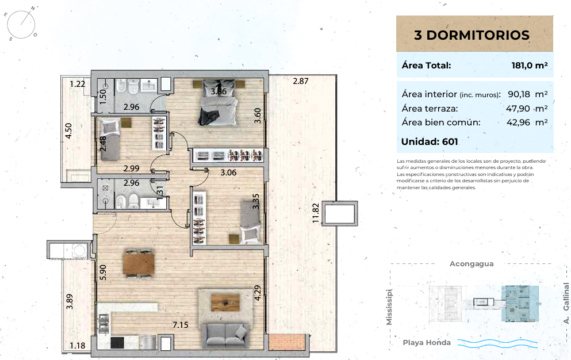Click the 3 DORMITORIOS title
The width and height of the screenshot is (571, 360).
point(472,35)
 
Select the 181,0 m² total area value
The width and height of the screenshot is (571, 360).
point(530,65)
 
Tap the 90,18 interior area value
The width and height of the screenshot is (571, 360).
point(519,94)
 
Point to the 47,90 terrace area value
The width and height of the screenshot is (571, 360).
point(518,108)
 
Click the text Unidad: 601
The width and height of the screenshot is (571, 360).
point(430,141)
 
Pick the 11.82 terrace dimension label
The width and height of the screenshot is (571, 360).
point(316,213)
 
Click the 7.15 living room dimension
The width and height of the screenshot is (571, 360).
point(180,325)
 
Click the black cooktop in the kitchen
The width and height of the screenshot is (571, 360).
point(117,343)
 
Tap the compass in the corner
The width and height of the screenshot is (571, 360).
point(21,24)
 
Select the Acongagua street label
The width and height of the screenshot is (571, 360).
point(472,264)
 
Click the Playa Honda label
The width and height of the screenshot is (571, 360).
point(427,343)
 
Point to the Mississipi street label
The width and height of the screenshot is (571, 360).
point(389,307)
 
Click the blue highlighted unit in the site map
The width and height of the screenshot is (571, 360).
point(520,304)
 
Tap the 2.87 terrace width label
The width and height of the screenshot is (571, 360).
point(300,81)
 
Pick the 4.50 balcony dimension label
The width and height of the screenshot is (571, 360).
point(68,131)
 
